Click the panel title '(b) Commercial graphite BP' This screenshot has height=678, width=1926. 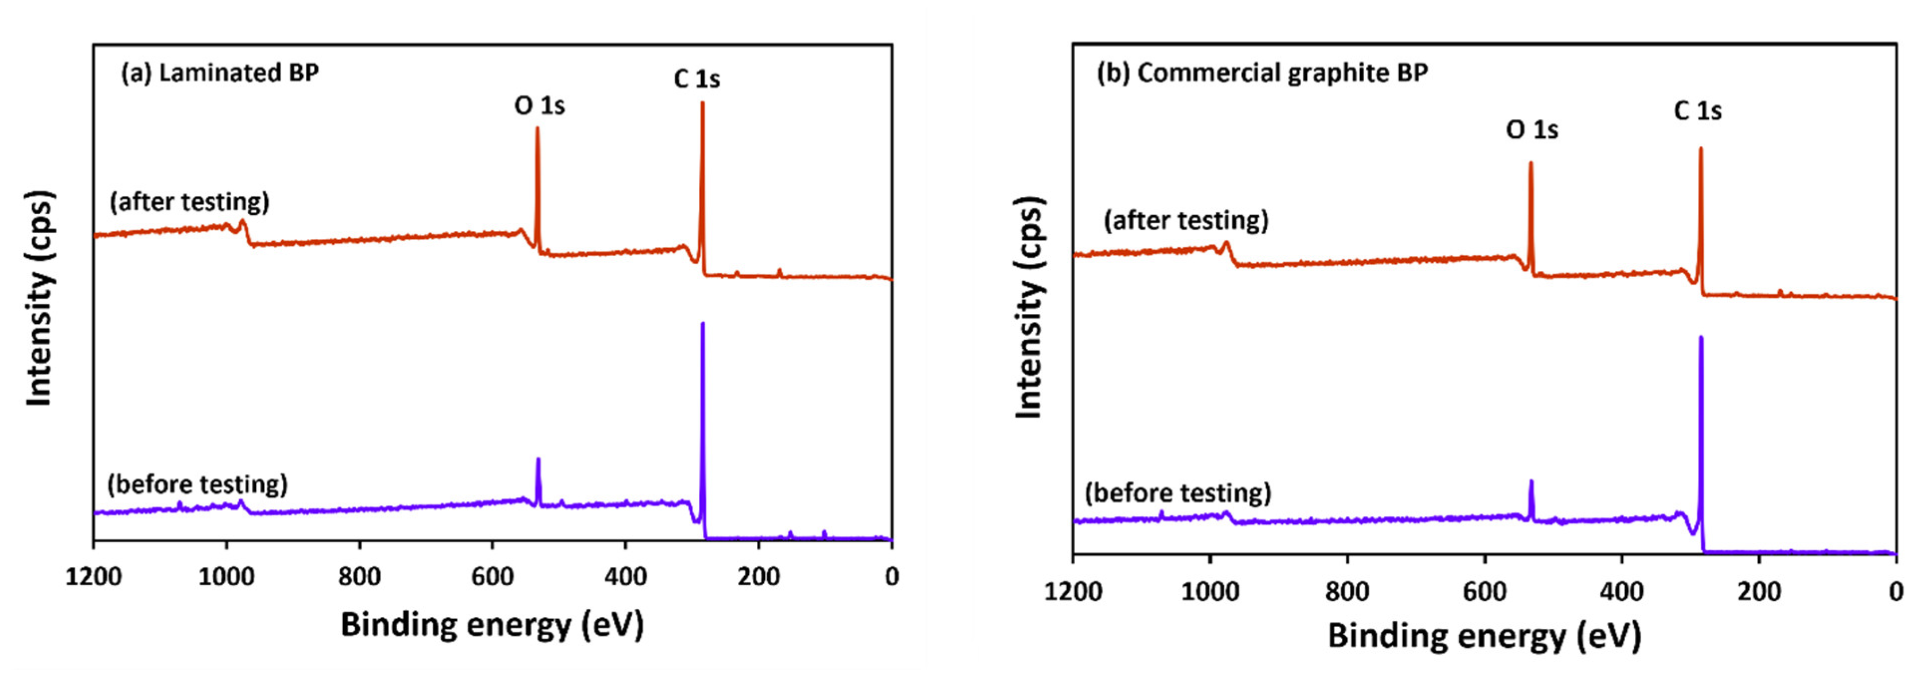1262,73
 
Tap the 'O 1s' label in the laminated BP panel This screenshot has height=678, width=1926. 539,105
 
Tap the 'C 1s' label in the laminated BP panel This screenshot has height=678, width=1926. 697,78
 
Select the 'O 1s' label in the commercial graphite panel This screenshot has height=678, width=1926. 1532,129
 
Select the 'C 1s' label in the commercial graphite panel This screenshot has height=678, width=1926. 1697,111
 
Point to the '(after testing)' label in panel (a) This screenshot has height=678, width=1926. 189,202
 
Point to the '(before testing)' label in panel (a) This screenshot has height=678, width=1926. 197,485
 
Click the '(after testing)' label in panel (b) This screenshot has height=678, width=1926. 1186,221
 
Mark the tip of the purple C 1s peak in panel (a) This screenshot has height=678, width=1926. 703,324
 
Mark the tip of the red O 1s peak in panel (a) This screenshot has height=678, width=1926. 537,128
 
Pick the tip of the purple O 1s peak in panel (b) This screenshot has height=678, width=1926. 1531,481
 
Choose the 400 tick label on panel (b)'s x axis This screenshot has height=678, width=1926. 1621,592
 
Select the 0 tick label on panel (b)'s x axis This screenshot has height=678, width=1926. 1895,592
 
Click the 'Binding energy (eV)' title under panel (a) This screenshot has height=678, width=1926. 492,624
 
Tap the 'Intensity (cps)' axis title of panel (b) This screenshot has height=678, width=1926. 1029,307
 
